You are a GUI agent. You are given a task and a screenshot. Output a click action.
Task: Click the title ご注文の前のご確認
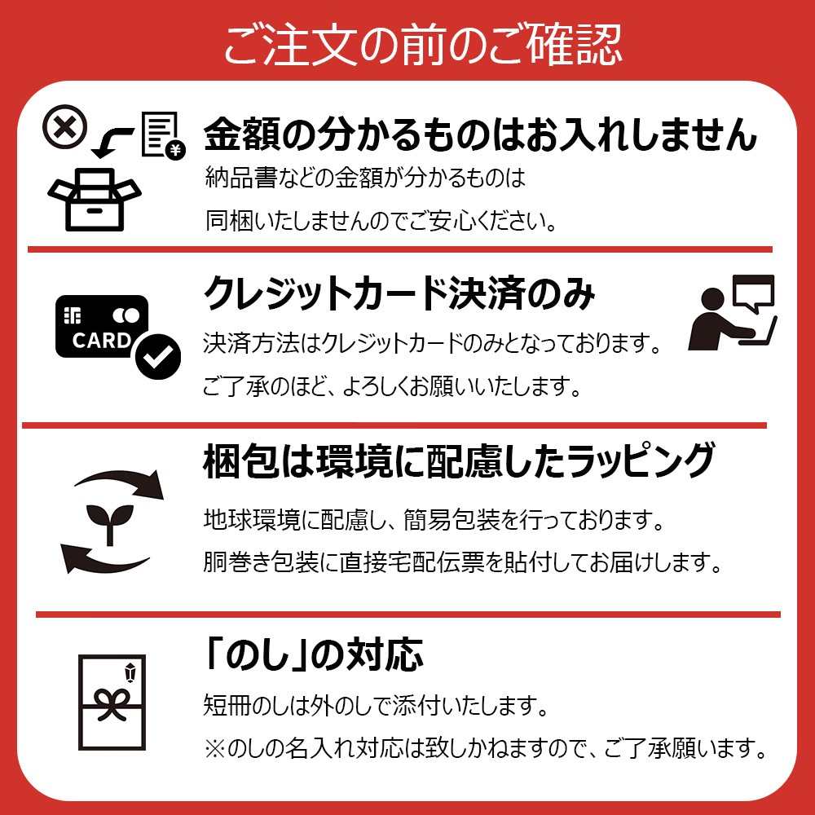click(x=422, y=45)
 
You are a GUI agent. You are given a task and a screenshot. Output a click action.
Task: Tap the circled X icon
click(x=64, y=126)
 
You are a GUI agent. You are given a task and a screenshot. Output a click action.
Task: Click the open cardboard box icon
click(x=94, y=200)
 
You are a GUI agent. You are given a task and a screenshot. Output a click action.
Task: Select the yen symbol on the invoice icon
click(x=176, y=150)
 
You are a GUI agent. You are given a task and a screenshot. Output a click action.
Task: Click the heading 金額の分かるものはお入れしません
click(x=480, y=134)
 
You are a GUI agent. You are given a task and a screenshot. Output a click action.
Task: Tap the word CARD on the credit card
click(x=101, y=341)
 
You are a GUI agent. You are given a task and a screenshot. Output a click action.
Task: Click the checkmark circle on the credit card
click(x=158, y=356)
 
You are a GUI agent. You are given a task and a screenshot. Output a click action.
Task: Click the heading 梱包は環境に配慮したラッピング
click(x=459, y=460)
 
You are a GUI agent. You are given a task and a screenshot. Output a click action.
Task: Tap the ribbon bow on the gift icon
click(x=111, y=704)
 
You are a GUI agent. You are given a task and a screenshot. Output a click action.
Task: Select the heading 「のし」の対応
click(x=314, y=654)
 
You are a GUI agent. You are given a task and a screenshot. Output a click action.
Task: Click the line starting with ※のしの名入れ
click(x=486, y=748)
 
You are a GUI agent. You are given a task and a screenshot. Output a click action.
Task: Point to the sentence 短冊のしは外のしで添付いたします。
click(x=376, y=705)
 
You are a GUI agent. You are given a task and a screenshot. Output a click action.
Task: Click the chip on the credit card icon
click(x=73, y=315)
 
